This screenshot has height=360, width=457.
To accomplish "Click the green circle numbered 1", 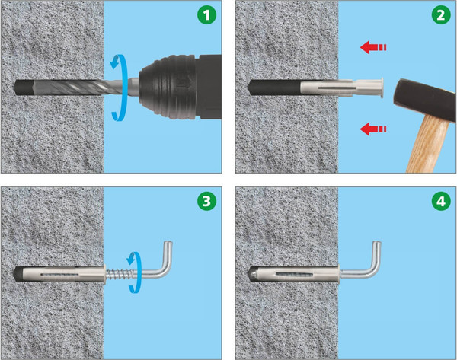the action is point(206,15).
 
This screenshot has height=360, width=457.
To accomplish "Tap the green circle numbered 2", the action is point(441,15).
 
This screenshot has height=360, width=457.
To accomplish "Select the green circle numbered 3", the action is point(206,201).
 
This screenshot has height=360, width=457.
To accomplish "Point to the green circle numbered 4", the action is point(441,201).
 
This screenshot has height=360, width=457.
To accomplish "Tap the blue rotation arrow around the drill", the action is point(120,88).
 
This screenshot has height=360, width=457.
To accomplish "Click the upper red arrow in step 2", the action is point(373,47).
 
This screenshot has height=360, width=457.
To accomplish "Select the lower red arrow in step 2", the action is point(373,129).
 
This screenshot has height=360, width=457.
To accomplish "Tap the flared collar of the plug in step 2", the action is point(380,88).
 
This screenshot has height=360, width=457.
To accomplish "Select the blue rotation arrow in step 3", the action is point(134,272).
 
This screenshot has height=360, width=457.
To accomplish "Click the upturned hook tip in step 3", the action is point(168,242).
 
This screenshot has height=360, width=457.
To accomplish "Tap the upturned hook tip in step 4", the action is point(377,242).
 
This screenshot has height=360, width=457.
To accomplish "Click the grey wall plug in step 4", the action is point(294,274).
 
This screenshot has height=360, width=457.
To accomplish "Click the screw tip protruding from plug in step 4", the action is point(253,274).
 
